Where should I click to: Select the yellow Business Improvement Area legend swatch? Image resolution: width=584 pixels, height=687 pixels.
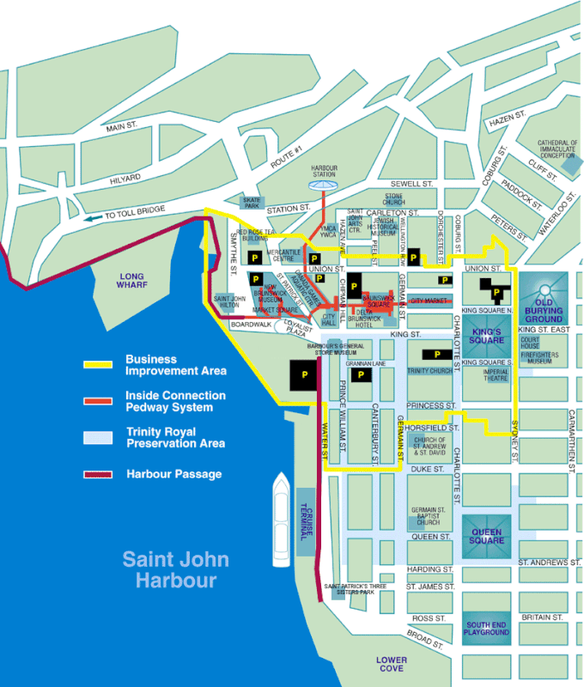pos(101,365)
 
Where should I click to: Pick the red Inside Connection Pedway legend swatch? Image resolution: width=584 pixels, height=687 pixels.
pos(101,401)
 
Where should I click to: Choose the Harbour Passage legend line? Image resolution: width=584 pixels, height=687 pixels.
pos(101,474)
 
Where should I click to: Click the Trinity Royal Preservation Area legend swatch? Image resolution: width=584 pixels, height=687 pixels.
pos(101,437)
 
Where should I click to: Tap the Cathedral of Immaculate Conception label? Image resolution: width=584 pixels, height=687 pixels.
pos(558,149)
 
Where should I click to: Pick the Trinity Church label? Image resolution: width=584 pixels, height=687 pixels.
pos(429,371)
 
